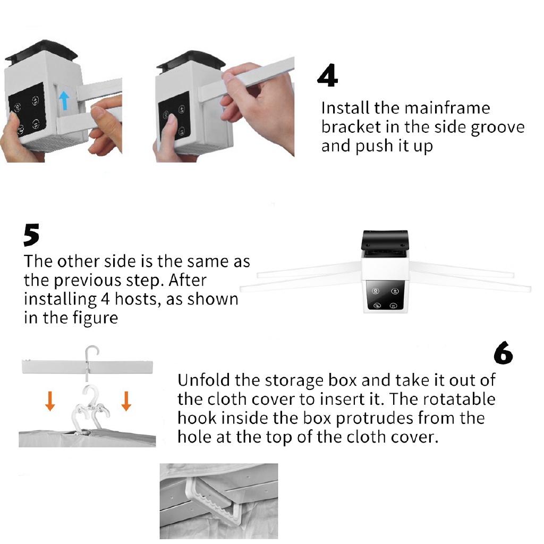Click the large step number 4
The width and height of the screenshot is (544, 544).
click(x=327, y=75)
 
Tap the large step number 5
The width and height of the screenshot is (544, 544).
click(x=31, y=235)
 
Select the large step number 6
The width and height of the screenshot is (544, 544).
click(x=503, y=353)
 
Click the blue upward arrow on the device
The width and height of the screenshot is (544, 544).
click(x=64, y=100)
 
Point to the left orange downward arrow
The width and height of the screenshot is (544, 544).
click(x=50, y=401)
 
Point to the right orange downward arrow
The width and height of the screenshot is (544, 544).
click(x=126, y=401)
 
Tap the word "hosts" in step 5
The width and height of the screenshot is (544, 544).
click(x=138, y=299)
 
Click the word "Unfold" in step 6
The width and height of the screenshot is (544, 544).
click(x=203, y=380)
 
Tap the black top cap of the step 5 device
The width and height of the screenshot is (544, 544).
click(x=385, y=241)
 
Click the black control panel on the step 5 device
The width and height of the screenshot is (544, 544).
click(x=385, y=295)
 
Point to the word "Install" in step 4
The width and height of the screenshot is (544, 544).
click(x=345, y=108)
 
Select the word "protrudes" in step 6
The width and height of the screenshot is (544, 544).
click(x=375, y=419)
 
